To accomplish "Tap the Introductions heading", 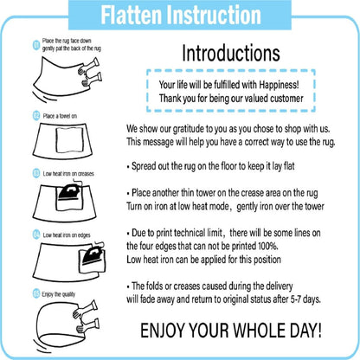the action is click(x=231, y=53).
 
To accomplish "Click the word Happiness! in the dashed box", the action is click(x=279, y=85).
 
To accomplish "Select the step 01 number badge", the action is click(x=36, y=45).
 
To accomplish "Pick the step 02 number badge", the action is click(x=36, y=116).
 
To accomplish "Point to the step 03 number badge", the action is click(x=36, y=173).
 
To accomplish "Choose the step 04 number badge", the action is click(x=36, y=235).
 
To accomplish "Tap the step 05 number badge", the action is click(x=36, y=294).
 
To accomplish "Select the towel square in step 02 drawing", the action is click(x=69, y=140).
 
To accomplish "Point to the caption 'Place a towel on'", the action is click(x=60, y=116).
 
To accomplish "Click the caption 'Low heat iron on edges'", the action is click(x=67, y=235).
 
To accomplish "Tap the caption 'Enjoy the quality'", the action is click(x=59, y=294).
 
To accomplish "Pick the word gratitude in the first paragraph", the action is click(x=188, y=129).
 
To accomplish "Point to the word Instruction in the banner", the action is click(x=215, y=15).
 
